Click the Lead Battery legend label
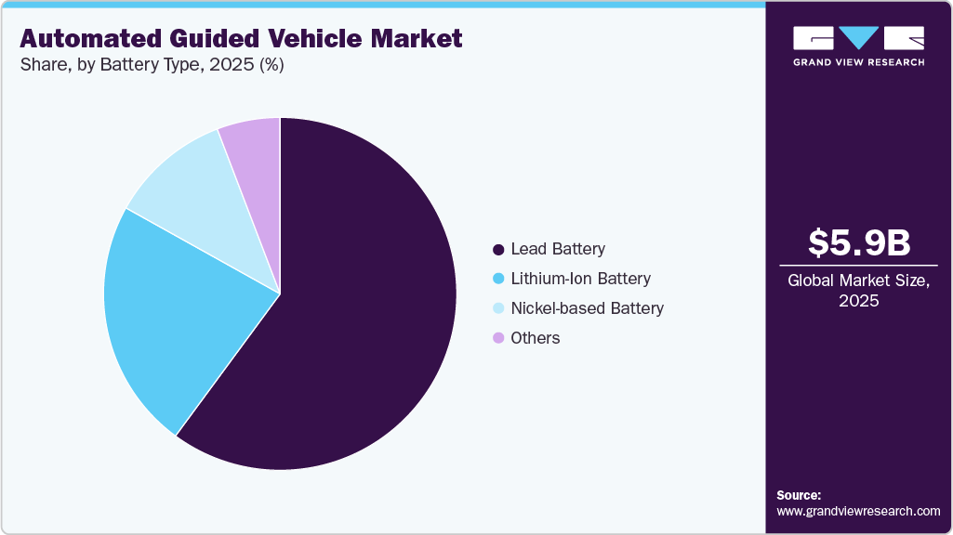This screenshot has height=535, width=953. (x=558, y=249)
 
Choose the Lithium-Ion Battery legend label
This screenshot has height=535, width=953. (x=580, y=279)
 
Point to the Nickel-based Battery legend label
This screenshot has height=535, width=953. (x=587, y=308)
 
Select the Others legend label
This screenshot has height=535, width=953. (x=536, y=338)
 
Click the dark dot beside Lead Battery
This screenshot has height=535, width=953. (x=498, y=249)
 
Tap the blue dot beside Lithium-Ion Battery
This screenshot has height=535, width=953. (x=498, y=279)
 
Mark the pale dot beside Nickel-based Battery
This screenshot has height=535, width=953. (x=498, y=308)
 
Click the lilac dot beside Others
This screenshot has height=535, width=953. (x=498, y=338)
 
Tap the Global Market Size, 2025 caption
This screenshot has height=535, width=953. (x=858, y=291)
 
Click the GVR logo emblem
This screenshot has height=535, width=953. (x=858, y=38)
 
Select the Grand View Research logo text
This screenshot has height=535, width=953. (x=858, y=62)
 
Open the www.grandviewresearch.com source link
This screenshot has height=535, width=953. (x=858, y=511)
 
